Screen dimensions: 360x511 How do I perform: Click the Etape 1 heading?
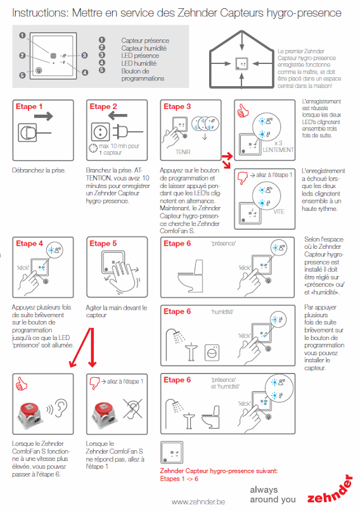[29, 106]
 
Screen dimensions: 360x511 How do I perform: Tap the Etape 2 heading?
[103, 106]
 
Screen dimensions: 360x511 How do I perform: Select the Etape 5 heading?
[103, 243]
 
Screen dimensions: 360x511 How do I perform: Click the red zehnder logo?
[330, 490]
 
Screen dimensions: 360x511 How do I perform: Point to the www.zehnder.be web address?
[198, 502]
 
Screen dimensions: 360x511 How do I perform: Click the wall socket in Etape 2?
[101, 132]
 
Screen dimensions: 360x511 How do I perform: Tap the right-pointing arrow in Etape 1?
[43, 116]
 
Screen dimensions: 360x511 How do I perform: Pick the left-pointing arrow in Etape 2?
[117, 115]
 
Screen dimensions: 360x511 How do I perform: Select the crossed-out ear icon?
[132, 408]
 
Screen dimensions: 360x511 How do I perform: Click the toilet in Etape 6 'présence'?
[191, 275]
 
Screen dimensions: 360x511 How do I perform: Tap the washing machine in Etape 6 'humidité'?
[212, 353]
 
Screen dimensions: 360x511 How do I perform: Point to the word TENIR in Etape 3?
[183, 152]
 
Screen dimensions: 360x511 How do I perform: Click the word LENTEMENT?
[278, 150]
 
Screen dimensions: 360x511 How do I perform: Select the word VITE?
[279, 212]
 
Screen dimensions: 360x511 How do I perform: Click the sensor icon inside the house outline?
[241, 63]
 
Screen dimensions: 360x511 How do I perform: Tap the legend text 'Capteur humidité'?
[144, 48]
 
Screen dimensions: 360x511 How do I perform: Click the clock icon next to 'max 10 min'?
[93, 148]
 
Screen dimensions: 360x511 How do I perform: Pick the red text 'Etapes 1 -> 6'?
[179, 479]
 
